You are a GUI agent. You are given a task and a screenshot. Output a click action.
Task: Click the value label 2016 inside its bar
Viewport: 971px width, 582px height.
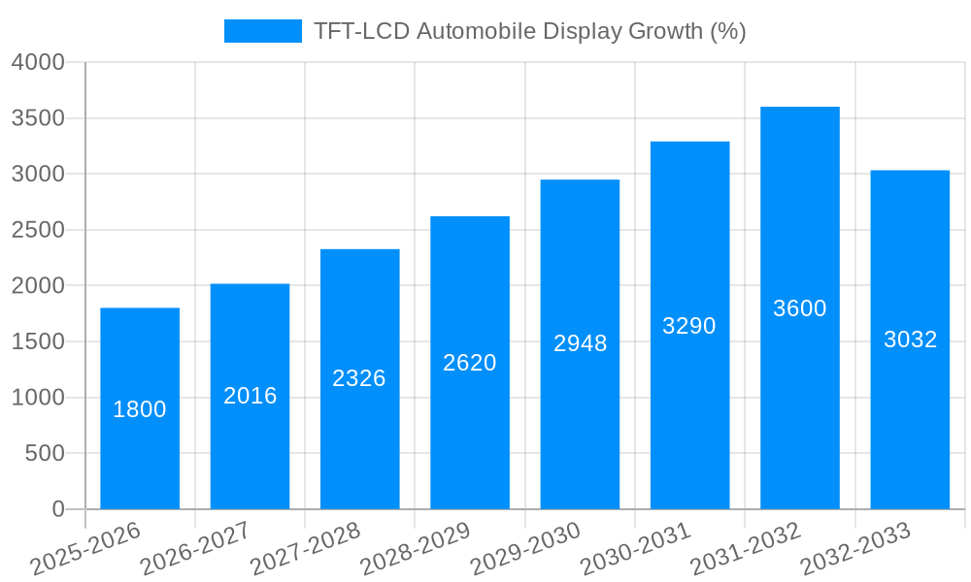pos(251,396)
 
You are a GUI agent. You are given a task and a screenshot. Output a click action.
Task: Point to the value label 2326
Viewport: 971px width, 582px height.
pos(359,378)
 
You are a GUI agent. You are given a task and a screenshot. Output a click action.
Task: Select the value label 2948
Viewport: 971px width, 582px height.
pos(580,343)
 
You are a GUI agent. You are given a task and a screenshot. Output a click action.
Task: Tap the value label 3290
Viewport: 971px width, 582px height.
pos(689,326)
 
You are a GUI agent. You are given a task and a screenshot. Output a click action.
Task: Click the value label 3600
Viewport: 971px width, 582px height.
pos(800,308)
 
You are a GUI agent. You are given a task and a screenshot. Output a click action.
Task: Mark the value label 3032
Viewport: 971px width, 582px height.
pos(910,339)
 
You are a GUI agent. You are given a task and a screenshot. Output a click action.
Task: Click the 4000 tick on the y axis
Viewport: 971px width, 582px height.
pos(38,63)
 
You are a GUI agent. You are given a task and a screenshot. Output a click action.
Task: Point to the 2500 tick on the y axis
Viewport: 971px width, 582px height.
pos(38,231)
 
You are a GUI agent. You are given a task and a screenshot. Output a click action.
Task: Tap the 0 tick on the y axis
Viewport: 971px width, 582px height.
pos(57,509)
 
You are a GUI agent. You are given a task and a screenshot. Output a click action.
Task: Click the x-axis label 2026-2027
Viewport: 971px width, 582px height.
pos(195,548)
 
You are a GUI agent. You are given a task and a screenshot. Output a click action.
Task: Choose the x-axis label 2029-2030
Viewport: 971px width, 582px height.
pos(525,548)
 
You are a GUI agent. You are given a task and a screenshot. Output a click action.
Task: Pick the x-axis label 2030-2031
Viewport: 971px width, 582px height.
pos(636,548)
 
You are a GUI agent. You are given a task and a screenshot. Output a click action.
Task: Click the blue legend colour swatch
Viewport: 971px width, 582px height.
pos(263,31)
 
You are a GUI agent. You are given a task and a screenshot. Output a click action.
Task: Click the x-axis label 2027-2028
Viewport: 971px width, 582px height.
pos(306,548)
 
